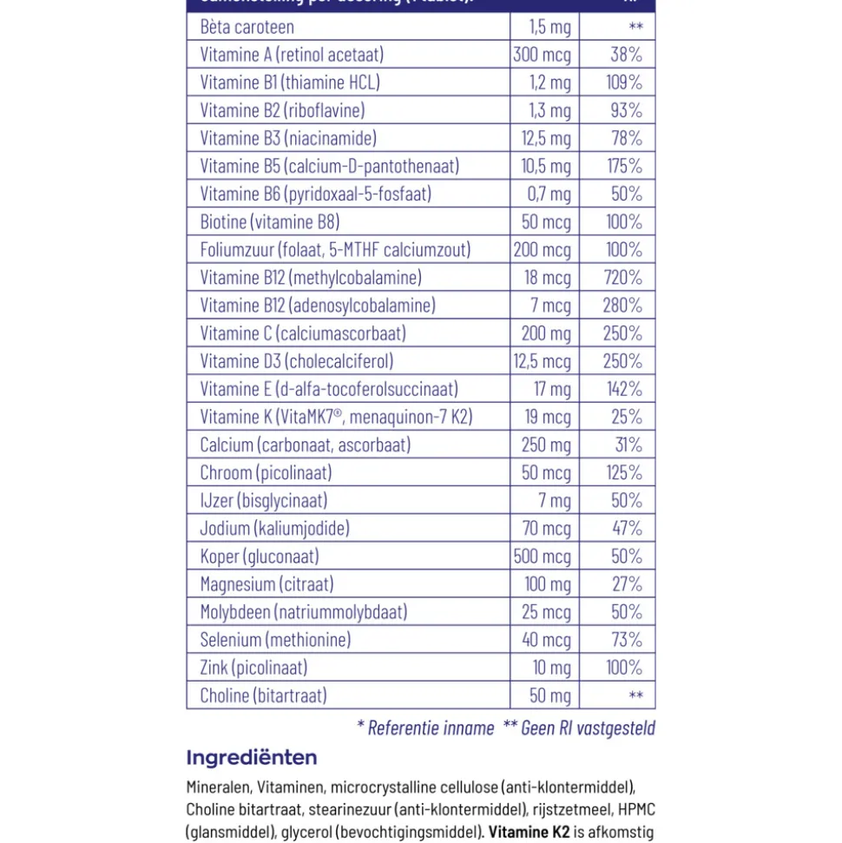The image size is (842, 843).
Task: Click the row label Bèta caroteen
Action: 247,27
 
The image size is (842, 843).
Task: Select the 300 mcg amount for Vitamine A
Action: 542,55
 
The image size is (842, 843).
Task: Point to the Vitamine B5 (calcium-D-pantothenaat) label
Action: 329,166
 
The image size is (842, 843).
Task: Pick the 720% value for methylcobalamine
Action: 622,278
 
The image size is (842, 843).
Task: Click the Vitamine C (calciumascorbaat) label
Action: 303,333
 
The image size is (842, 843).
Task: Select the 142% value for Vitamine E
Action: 623,389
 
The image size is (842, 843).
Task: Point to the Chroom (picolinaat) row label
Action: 266,472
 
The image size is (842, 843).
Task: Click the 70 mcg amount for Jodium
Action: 547,528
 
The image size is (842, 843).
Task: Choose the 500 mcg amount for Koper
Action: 542,556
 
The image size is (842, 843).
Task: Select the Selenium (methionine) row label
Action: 275,640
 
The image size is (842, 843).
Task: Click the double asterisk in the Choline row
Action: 635,695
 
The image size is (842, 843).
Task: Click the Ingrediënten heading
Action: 252,758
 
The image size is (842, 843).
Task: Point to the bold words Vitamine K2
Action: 530,833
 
